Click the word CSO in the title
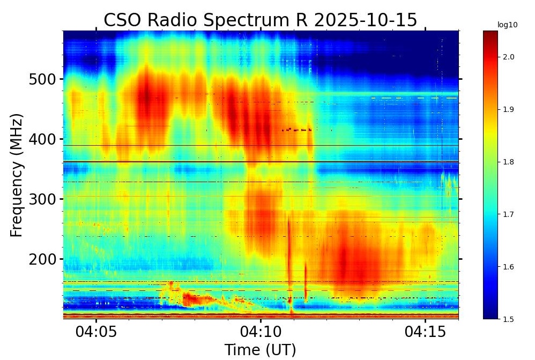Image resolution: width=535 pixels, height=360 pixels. [x=122, y=20]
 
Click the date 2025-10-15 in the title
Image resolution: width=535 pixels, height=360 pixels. [x=365, y=20]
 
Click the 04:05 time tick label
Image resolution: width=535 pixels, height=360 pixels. [x=96, y=332]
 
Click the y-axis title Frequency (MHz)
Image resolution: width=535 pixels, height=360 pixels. [x=17, y=175]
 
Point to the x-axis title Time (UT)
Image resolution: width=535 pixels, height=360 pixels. [x=260, y=350]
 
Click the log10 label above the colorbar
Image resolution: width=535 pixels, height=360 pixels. [x=503, y=25]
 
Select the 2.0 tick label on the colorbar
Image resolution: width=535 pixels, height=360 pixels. [x=509, y=57]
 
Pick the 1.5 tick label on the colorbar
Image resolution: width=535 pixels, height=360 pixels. [x=509, y=319]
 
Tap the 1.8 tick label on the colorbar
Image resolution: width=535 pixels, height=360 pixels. [x=509, y=162]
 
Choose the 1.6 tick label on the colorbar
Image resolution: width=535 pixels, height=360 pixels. [x=509, y=267]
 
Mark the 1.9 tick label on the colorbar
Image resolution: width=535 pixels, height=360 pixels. [x=509, y=109]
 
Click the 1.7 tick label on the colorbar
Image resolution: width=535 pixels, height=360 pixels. [x=509, y=214]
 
